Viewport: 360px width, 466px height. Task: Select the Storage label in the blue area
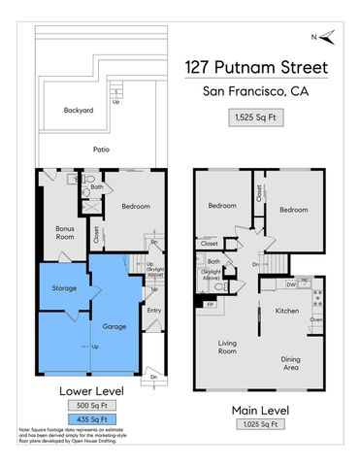point(64,287)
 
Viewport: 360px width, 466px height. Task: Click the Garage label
point(115,301)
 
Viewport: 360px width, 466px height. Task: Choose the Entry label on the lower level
point(153,311)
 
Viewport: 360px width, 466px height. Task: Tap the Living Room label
point(228,348)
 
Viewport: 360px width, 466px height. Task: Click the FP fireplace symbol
point(211,305)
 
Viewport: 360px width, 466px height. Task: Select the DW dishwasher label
point(291,284)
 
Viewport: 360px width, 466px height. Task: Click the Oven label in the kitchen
point(315,320)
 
